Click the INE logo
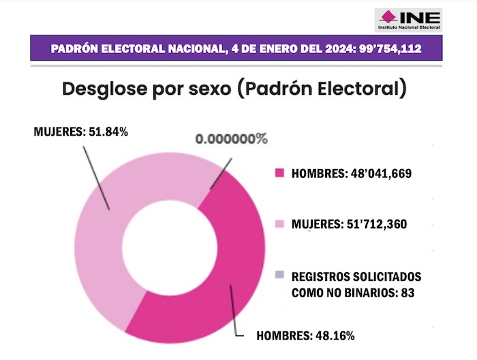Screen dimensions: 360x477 click(407, 19)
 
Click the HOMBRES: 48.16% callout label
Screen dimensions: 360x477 click(305, 335)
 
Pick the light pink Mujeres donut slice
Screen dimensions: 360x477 click(102, 232)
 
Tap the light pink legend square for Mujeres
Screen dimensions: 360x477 click(279, 224)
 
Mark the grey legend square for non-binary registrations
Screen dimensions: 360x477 click(279, 275)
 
